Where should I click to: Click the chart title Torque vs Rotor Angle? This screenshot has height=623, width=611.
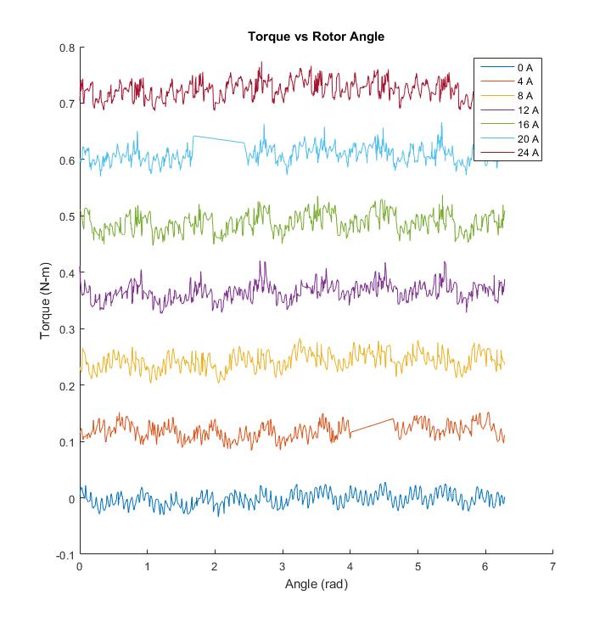click(x=316, y=37)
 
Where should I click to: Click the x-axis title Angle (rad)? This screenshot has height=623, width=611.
click(x=316, y=584)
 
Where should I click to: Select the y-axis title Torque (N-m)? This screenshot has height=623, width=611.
click(x=45, y=300)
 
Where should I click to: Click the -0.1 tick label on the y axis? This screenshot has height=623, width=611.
click(x=64, y=555)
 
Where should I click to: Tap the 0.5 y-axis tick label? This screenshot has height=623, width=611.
click(x=67, y=216)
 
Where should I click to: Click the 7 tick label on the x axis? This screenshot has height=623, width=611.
click(x=552, y=566)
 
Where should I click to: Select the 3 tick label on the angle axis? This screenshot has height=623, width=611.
click(x=283, y=566)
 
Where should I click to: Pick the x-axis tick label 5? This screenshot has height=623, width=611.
click(x=418, y=566)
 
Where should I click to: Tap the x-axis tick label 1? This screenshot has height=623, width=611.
click(x=148, y=566)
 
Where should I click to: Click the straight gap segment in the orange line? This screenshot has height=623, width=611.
click(x=373, y=426)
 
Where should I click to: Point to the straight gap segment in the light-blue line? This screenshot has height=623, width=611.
click(x=219, y=139)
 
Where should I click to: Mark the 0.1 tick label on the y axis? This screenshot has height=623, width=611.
click(x=67, y=442)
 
